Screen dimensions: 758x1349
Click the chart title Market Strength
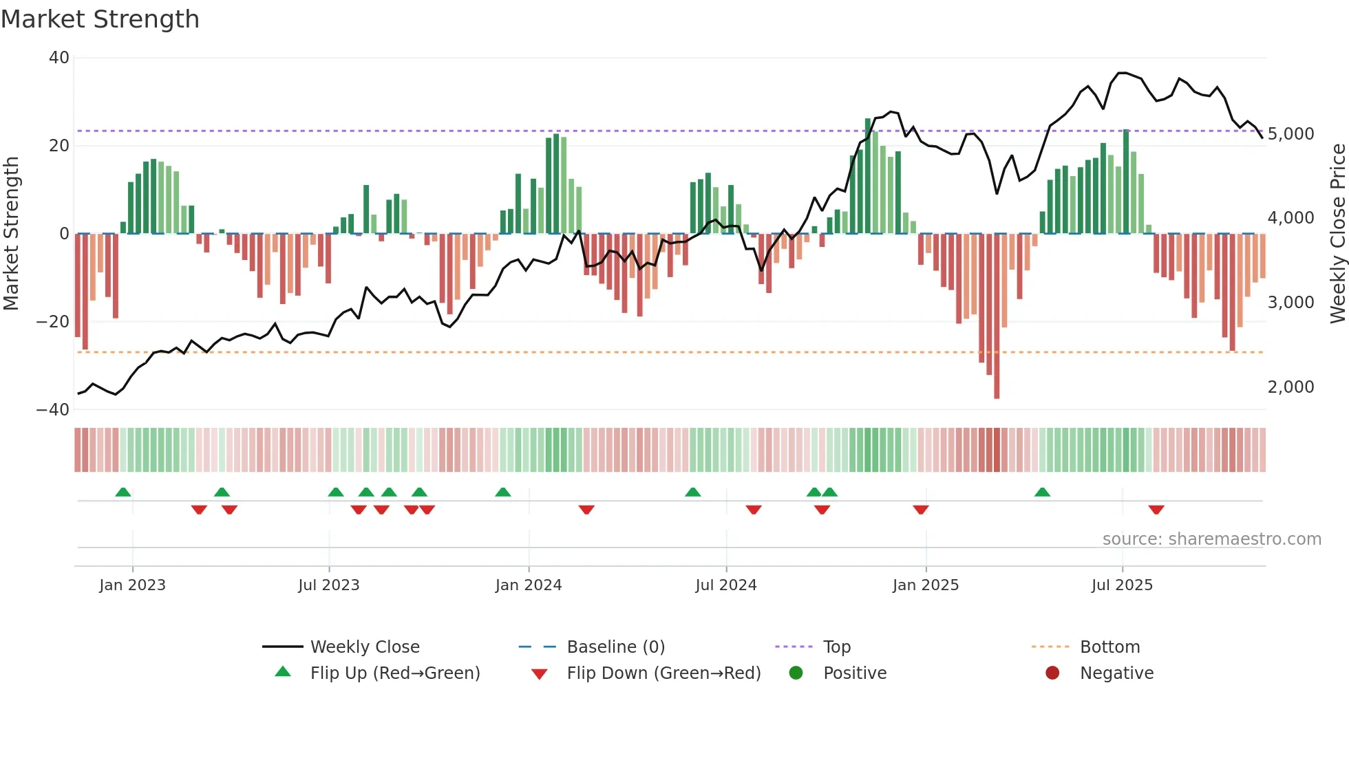(100, 19)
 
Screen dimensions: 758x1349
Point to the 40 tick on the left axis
(59, 58)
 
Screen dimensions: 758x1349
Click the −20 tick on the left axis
(54, 322)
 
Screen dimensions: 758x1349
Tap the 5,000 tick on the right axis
(1290, 134)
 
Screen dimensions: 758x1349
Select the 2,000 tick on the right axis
(1290, 387)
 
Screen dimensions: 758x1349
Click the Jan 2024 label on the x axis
(528, 585)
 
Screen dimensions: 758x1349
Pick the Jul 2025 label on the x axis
(1121, 585)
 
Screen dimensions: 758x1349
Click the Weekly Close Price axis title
(1337, 234)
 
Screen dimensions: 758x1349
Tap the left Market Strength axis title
(12, 234)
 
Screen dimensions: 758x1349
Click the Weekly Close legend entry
(364, 647)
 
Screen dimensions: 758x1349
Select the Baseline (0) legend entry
(615, 647)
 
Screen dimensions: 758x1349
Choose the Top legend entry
(836, 647)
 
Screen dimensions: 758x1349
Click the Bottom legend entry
(1109, 647)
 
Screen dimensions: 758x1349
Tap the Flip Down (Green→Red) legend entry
(663, 673)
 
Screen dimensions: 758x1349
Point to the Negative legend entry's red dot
(1052, 673)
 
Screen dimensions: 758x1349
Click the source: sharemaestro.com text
(1211, 539)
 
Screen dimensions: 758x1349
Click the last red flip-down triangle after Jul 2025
(1156, 510)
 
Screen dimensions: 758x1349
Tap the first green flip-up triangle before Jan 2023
(123, 492)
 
